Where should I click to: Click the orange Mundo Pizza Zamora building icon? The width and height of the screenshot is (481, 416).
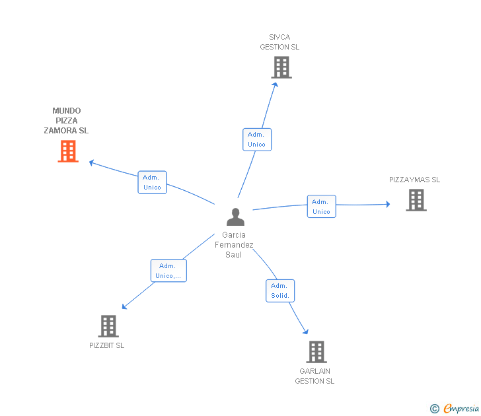(68, 151)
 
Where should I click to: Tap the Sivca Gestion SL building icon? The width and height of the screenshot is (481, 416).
(281, 67)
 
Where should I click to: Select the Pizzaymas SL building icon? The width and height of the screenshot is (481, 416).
(416, 200)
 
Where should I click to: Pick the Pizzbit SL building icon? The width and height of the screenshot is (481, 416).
(108, 326)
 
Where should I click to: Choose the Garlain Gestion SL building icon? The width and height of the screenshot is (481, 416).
(316, 352)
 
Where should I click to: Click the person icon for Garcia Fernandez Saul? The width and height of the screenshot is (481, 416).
(236, 217)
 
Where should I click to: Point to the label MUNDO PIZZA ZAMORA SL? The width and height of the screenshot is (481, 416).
(66, 120)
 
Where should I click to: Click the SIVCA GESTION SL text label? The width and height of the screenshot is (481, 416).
(279, 42)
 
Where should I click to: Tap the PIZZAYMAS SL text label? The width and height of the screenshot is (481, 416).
(414, 180)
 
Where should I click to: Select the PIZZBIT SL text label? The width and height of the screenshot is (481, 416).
(107, 345)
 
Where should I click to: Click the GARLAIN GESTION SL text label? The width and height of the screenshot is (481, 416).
(314, 376)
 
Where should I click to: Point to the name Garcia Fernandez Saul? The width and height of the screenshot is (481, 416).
(234, 244)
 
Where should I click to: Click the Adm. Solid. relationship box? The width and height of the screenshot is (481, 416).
(280, 291)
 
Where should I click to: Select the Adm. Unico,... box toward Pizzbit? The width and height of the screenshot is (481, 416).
(168, 271)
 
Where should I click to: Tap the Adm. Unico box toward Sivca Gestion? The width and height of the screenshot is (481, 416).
(257, 139)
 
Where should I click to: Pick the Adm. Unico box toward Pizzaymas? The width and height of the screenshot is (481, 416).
(322, 206)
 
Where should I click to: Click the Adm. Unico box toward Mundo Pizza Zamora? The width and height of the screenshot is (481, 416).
(152, 182)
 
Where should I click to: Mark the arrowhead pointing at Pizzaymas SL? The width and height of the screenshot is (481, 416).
(388, 204)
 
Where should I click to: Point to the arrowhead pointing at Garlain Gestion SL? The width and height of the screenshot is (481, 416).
(305, 331)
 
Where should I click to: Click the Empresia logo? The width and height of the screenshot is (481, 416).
(455, 408)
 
